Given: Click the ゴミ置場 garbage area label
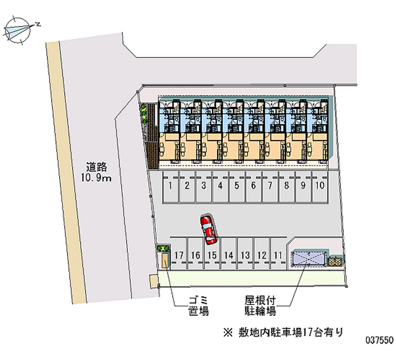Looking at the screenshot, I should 198,306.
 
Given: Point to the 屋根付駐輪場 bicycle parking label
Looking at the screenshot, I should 260,306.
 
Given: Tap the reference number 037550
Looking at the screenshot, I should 379,342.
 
